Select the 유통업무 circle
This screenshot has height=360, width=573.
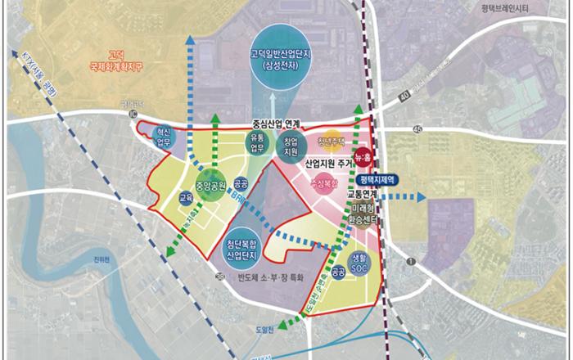(x=257, y=143)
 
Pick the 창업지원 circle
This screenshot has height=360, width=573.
(x=291, y=147)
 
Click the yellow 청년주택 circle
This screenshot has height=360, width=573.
(x=332, y=142)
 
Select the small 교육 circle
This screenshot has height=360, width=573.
(x=186, y=198)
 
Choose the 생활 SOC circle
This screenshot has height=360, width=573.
(x=365, y=262)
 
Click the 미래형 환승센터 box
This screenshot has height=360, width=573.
(x=363, y=215)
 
